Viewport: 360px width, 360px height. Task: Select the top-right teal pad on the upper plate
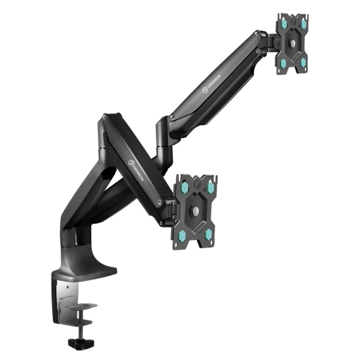pos(303,23)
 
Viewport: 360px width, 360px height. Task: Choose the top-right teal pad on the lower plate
pos(208,186)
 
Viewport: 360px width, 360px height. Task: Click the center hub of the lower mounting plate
pos(196,211)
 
